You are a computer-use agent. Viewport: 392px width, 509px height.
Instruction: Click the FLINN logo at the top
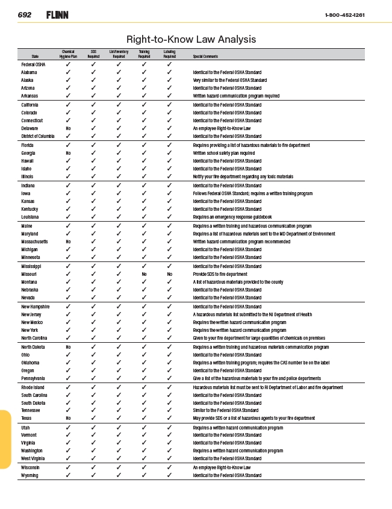pos(57,14)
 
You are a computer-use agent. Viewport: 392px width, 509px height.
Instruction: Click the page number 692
pos(25,14)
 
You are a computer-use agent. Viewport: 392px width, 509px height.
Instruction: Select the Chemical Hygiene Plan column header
pos(69,54)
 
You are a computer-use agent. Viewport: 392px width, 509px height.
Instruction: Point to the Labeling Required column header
pos(170,54)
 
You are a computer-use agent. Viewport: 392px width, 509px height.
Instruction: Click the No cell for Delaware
pos(69,128)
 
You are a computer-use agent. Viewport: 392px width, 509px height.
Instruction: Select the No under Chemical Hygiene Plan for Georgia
pos(69,153)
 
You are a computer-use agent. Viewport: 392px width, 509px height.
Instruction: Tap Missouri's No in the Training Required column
pos(145,274)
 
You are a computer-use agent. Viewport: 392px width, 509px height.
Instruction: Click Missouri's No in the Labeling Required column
pos(170,274)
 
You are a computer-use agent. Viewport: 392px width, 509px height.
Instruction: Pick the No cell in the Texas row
pos(69,418)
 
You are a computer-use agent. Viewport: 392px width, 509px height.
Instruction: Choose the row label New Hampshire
pos(35,307)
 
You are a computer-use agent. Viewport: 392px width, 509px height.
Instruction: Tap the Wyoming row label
pos(30,475)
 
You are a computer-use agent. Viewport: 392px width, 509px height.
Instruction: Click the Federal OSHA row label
pos(33,64)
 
